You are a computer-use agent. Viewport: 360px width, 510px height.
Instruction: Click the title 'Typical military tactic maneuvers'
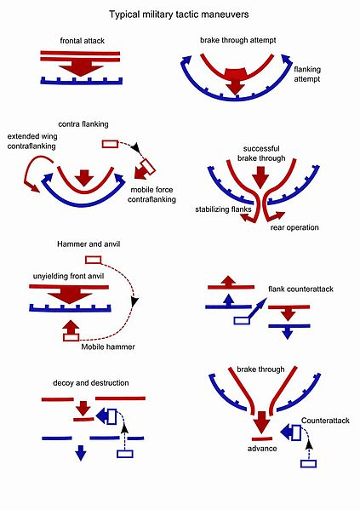179,14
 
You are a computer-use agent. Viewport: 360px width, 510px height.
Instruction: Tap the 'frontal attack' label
83,41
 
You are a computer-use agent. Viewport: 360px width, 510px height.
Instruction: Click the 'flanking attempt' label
307,74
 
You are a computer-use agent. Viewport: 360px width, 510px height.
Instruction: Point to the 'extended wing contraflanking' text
31,141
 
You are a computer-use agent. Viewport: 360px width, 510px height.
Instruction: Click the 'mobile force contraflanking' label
151,194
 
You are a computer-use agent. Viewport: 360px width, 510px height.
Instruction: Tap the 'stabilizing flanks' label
223,209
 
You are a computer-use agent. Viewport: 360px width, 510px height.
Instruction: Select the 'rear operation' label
294,227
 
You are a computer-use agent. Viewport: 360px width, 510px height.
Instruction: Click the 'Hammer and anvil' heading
89,244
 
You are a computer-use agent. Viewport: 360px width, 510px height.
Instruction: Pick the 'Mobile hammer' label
108,347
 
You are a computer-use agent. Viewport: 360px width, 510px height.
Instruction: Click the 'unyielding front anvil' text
68,276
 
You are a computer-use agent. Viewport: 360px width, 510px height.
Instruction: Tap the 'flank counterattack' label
300,289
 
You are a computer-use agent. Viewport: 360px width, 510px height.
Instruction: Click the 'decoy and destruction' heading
91,383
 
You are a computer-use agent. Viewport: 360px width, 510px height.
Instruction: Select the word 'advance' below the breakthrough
262,449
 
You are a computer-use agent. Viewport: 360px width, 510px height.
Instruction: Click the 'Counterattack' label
325,421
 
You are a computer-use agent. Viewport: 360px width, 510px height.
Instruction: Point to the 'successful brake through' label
261,153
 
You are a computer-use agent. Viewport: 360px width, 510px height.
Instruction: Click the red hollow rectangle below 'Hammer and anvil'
94,260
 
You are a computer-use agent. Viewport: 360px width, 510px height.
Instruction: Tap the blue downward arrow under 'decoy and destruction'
81,453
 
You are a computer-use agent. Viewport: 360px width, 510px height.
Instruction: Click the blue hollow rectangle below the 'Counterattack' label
308,463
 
